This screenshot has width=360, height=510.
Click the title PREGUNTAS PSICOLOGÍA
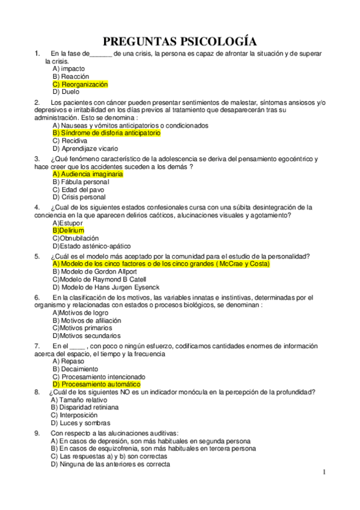coord(180,41)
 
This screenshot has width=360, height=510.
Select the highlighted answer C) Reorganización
coord(80,85)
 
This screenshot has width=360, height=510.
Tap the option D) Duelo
coord(66,93)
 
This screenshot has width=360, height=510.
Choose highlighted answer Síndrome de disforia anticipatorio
coord(106,133)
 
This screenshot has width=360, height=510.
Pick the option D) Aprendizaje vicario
coord(85,149)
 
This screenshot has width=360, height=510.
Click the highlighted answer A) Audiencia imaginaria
coord(88,174)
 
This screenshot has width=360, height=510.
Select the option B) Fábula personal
coord(81,182)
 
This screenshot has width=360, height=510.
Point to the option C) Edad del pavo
coord(78,189)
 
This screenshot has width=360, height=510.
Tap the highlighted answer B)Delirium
coord(68,230)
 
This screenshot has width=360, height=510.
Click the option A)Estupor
coord(67,223)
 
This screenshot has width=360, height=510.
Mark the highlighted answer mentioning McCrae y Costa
coord(161,263)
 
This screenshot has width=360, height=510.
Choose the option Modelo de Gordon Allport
coord(91,271)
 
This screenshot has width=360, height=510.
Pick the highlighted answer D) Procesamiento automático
coord(96,384)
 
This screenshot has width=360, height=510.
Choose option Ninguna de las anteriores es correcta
coord(111,464)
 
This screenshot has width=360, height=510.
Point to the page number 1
coord(324,472)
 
